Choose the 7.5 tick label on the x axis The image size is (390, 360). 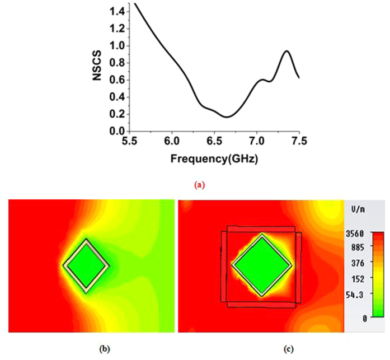[x=299, y=142]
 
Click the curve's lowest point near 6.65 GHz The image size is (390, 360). [x=226, y=117]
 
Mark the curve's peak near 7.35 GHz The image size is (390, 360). [x=286, y=51]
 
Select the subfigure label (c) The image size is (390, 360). [x=287, y=349]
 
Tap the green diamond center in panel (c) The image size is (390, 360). [x=261, y=264]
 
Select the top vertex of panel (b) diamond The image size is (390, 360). [x=86, y=239]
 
